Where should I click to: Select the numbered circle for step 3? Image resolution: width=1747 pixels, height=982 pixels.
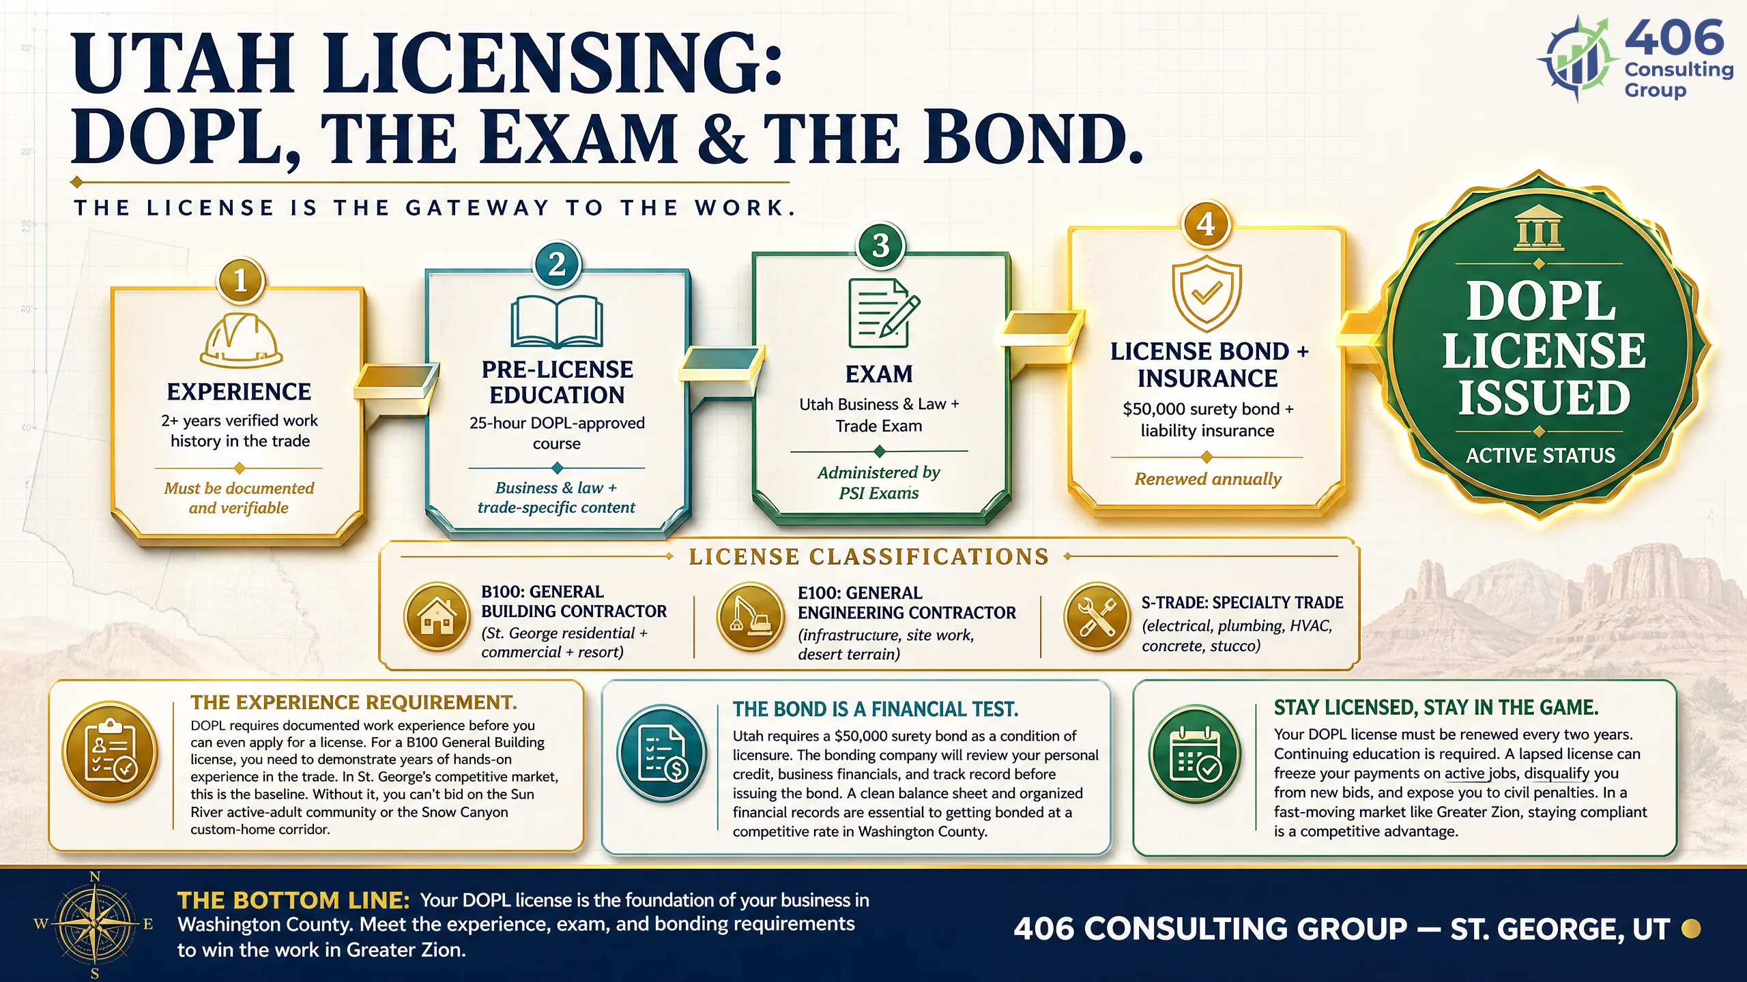[x=881, y=245]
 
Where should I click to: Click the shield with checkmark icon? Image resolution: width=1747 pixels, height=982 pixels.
[x=1207, y=294]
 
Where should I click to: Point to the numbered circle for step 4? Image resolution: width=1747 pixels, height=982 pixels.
[x=1206, y=224]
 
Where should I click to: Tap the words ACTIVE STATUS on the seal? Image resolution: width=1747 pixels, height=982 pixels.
[x=1541, y=455]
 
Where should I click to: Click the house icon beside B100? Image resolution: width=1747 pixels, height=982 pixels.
[x=437, y=616]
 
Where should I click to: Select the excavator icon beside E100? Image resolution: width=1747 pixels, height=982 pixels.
[x=750, y=616]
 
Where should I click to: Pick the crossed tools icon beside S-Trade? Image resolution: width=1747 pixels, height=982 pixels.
[x=1097, y=616]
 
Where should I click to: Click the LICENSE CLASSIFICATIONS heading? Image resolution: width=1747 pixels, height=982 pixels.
[x=869, y=556]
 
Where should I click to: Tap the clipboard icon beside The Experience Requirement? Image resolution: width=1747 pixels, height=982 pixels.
[x=111, y=752]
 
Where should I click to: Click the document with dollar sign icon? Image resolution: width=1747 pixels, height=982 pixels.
[x=662, y=753]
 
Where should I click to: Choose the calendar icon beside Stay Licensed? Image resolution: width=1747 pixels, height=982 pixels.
[x=1194, y=753]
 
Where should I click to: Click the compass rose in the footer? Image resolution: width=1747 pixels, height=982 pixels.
[x=94, y=925]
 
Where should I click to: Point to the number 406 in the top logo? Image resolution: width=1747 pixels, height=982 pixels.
[x=1674, y=38]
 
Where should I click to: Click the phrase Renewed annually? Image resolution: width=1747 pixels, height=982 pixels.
[x=1208, y=479]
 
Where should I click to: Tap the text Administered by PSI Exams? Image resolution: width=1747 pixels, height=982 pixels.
[x=879, y=482]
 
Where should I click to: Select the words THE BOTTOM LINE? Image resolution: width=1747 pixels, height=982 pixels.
[x=293, y=900]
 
